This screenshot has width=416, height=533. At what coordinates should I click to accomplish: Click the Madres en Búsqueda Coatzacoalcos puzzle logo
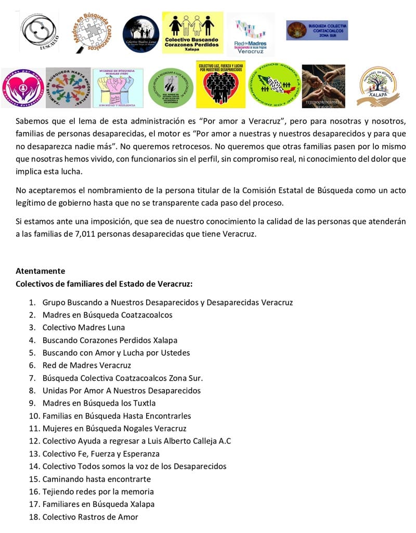tap(93, 32)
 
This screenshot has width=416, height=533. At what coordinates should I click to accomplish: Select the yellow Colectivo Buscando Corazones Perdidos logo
tap(192, 32)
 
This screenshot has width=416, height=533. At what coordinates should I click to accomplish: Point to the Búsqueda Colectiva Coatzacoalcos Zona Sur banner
tap(317, 30)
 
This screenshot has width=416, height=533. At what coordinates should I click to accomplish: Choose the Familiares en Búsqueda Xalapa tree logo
tap(378, 86)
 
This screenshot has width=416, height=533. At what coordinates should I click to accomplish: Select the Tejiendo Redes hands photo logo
tap(323, 86)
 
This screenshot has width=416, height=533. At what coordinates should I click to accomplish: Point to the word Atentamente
tap(40, 271)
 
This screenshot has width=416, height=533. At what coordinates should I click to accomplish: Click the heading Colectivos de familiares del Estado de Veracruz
tap(104, 284)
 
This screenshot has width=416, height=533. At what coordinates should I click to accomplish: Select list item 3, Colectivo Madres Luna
tap(84, 327)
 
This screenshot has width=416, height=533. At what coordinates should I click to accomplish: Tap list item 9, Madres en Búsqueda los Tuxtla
tap(99, 403)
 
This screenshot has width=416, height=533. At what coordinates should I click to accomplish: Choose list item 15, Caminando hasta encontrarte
tap(97, 479)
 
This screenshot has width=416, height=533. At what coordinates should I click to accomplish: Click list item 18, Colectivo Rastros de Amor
tap(90, 517)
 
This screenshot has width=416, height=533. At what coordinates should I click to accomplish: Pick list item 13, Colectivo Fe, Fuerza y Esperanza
tap(101, 454)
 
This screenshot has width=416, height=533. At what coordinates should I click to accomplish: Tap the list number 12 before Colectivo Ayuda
tap(34, 441)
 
